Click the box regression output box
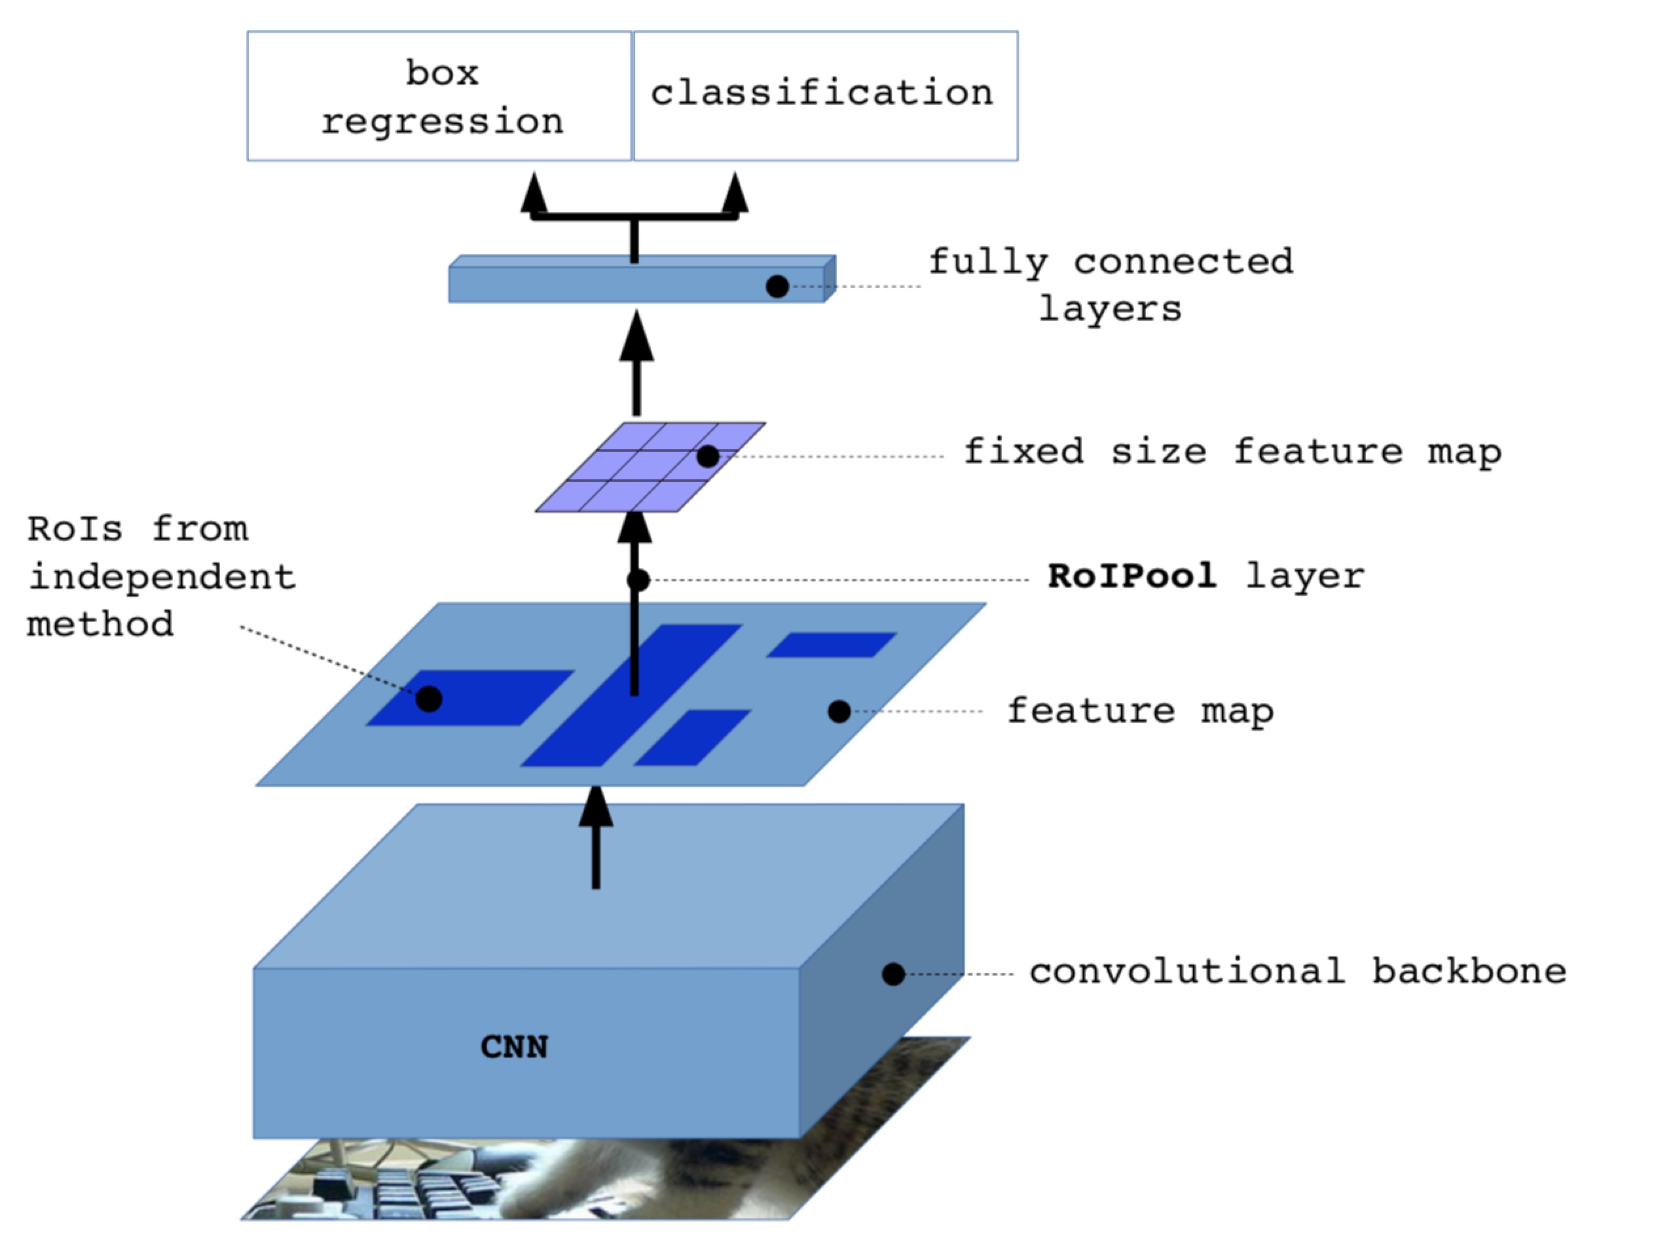point(439,96)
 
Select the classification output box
point(825,96)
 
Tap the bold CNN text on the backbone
point(514,1048)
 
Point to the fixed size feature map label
point(1233,452)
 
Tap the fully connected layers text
point(1111,285)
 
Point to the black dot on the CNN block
point(893,974)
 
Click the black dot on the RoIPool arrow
point(638,580)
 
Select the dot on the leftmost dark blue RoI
point(428,699)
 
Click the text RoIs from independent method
point(161,577)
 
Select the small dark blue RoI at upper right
point(832,645)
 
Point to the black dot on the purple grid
point(708,456)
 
